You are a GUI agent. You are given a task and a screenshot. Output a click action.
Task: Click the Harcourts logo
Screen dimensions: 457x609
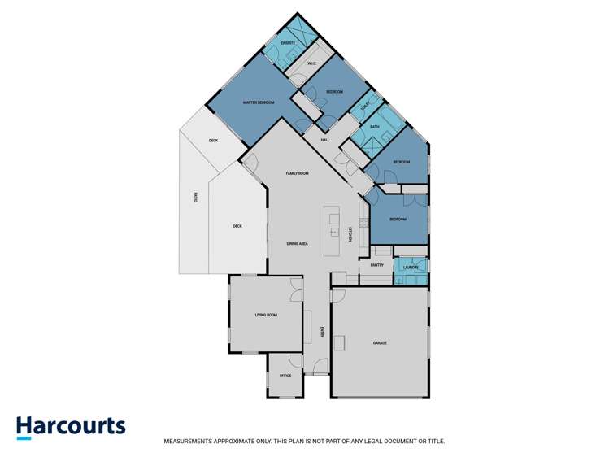tap(71, 426)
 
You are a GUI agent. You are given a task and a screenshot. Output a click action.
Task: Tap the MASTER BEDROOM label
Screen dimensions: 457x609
tap(259, 102)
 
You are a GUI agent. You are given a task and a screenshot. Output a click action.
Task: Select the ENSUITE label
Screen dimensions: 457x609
tap(288, 41)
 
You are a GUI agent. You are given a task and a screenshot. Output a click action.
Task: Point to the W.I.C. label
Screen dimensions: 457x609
tap(311, 63)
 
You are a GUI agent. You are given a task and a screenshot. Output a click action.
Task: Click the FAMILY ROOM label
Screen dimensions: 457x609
tap(297, 173)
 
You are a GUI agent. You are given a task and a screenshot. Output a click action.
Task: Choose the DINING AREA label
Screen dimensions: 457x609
tap(297, 244)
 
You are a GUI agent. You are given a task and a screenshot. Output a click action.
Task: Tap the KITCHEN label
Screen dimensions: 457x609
tap(350, 233)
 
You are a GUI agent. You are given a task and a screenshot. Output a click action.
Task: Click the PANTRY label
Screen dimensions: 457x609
tap(377, 265)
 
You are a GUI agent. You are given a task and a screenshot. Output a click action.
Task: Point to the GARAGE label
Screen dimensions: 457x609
tap(380, 343)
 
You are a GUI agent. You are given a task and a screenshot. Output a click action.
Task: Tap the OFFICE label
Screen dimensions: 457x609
tap(285, 376)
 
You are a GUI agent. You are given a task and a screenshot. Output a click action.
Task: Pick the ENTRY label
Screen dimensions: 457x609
tap(323, 332)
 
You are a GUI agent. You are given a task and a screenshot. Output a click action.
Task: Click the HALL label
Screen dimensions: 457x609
tap(324, 140)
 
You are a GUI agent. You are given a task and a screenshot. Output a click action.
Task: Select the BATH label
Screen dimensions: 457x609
tap(375, 127)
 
